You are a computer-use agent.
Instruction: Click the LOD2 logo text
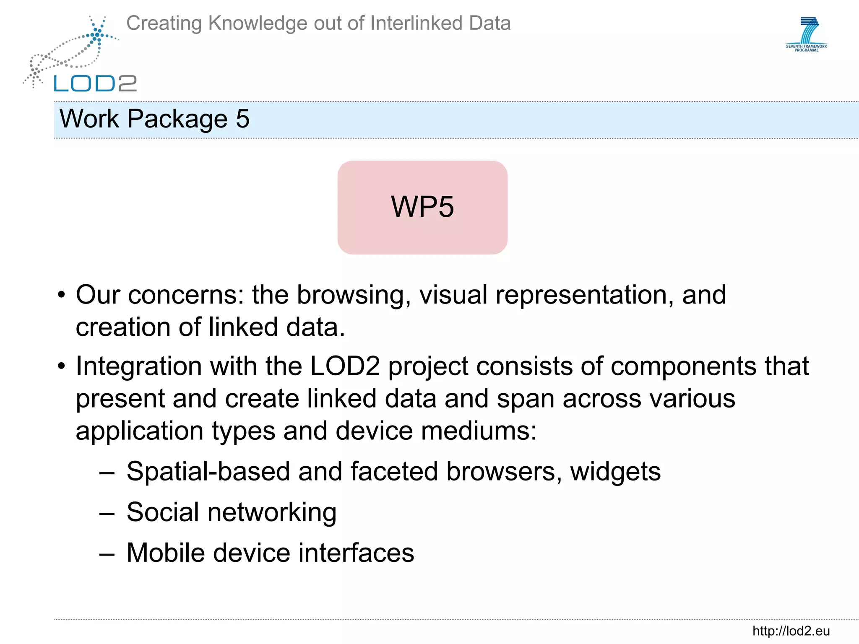pos(95,83)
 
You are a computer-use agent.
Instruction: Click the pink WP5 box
pos(422,207)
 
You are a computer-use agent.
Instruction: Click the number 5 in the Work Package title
pos(242,119)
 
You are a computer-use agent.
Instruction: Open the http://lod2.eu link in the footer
pos(791,631)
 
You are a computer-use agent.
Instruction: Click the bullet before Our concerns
pos(62,295)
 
